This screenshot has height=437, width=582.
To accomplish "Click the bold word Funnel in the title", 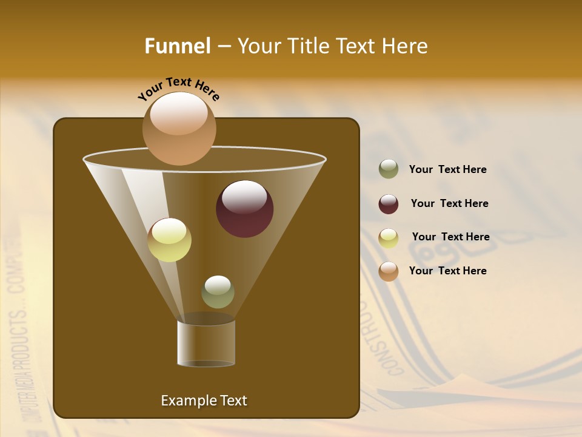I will [x=178, y=46].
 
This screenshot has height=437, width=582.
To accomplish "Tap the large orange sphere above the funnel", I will [x=179, y=129].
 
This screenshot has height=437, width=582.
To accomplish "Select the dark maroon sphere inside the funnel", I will [x=244, y=209].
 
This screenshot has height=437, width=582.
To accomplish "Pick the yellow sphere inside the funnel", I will [x=169, y=240].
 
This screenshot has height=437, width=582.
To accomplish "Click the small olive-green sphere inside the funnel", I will [x=218, y=292].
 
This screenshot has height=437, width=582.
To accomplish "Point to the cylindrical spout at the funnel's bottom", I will [x=206, y=343].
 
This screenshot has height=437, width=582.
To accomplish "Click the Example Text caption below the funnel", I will [x=204, y=401].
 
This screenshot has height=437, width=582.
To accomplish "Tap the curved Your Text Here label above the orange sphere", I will [x=178, y=89].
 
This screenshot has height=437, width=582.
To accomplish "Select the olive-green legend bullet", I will [x=389, y=169].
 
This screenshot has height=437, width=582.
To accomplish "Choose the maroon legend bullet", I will [x=389, y=204].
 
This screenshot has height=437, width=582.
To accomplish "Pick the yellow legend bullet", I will [x=389, y=238].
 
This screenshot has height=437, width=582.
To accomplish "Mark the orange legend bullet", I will [x=389, y=271].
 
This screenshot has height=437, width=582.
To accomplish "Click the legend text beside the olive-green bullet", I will [x=447, y=170].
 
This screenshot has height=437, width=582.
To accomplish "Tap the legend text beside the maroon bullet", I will [x=449, y=204].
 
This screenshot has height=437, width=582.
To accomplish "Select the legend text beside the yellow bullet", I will [x=450, y=237].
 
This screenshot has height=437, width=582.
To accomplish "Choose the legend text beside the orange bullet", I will [x=447, y=271].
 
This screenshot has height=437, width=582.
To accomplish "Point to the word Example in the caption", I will [x=187, y=401].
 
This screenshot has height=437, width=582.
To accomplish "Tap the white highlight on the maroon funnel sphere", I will [x=244, y=197].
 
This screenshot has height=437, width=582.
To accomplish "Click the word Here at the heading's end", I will [x=404, y=46].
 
